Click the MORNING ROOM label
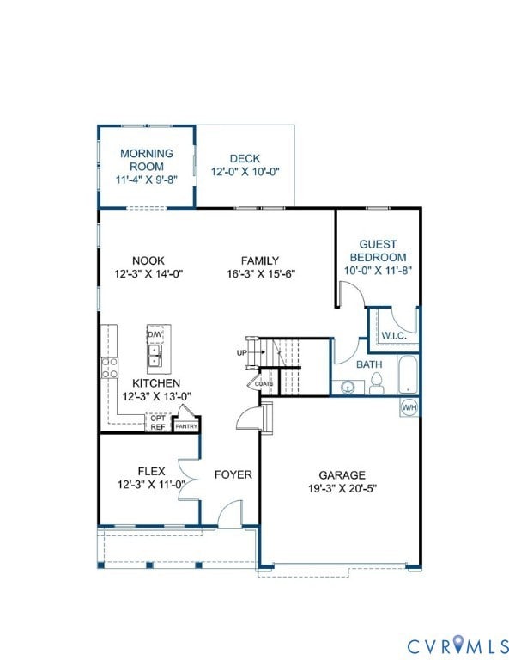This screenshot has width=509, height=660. coord(146,160)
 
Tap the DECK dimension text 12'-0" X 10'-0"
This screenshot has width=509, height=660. coord(245,172)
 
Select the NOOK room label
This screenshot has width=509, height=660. coord(148,260)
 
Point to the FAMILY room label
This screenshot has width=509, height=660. coord(259,260)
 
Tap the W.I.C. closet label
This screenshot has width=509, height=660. coord(393,335)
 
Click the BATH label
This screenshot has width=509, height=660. coord(369,364)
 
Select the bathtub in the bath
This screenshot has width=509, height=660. coord(409,376)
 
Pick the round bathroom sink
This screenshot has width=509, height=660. coord(347,387)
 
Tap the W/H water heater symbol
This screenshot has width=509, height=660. coord(409,407)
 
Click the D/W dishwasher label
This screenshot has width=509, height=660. coord(155,334)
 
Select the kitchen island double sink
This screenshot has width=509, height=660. coord(155,354)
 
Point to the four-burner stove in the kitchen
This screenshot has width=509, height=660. coord(110,369)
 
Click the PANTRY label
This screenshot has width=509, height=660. coord(186,425)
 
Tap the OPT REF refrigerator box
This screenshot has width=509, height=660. coord(158,423)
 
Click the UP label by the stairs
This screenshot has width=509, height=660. coord(241,353)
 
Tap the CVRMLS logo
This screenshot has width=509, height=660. coord(457,644)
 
